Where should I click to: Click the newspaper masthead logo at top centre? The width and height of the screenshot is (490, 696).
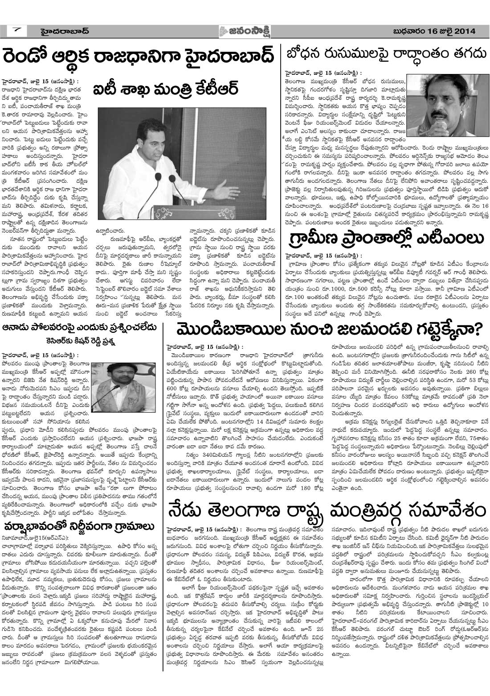pos(245,31)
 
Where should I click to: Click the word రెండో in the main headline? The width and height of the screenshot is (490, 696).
pos(32,58)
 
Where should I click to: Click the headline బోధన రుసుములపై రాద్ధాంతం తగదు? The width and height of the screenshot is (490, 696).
pos(386,54)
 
